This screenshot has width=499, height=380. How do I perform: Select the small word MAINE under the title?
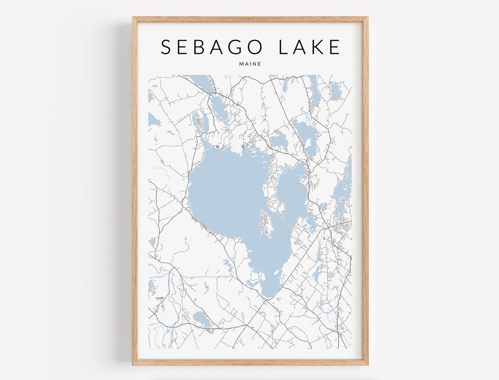[250, 64]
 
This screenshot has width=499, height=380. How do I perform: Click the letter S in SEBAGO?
[166, 47]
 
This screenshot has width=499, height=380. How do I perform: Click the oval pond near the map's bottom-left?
[201, 318]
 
